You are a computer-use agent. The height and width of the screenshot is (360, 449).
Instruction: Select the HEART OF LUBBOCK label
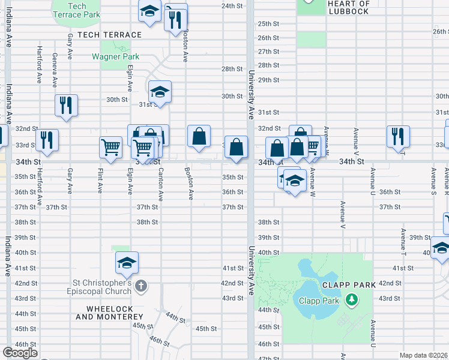[x=349, y=7]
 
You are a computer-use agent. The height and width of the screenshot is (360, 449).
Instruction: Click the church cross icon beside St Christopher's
[x=141, y=286]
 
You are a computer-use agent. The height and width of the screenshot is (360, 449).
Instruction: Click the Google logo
[x=20, y=353]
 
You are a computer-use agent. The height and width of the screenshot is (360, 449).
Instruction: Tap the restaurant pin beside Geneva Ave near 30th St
[x=66, y=105]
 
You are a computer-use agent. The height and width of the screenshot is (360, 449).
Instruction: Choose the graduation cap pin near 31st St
[x=160, y=92]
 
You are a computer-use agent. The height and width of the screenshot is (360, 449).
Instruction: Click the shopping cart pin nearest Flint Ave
[x=111, y=147]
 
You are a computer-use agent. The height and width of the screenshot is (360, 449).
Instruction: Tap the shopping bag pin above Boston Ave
[x=199, y=136]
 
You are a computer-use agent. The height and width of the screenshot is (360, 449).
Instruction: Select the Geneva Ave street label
[x=55, y=70]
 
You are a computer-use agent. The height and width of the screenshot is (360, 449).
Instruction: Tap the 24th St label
[x=232, y=6]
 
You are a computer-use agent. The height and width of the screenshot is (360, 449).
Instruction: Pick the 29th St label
[x=268, y=80]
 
